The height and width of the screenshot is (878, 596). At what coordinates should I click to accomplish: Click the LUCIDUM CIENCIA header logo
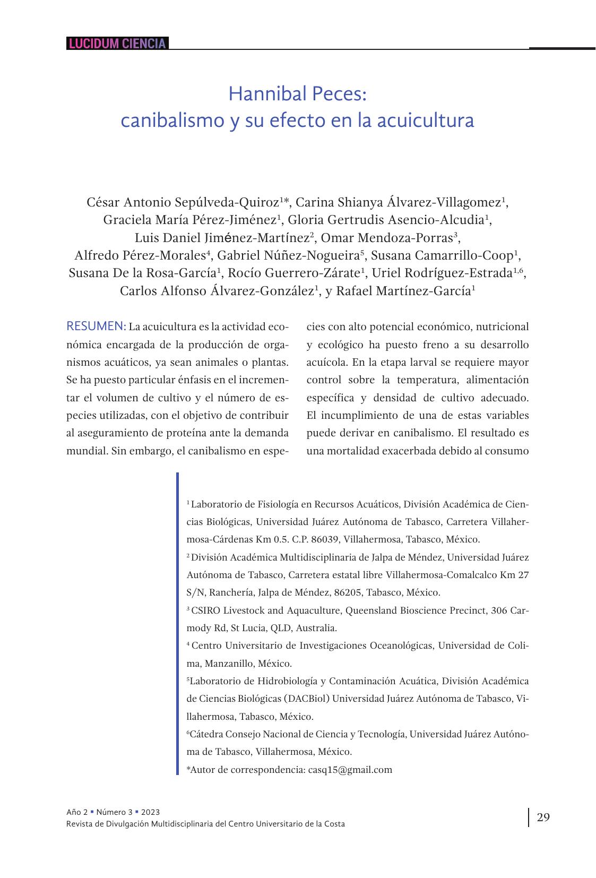click(117, 44)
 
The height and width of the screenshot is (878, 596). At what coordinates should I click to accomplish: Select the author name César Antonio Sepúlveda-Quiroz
click(183, 202)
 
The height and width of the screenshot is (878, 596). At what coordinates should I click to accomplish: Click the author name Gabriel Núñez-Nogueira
click(289, 255)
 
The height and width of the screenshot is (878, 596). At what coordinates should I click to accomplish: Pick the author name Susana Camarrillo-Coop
click(442, 255)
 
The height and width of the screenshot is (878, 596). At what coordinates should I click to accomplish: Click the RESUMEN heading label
click(96, 326)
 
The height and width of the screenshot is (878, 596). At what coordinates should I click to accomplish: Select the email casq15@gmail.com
click(350, 770)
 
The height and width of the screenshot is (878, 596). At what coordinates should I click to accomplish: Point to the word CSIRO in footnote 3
click(206, 610)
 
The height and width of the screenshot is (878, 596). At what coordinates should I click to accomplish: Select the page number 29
click(543, 817)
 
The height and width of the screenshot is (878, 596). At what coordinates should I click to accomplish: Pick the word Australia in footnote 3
click(316, 628)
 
